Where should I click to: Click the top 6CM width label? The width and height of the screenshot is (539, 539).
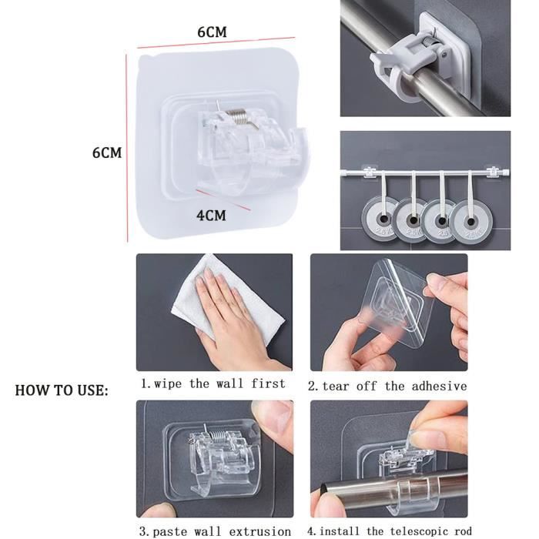tap(211, 32)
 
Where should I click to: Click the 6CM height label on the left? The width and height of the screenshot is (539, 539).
tap(107, 152)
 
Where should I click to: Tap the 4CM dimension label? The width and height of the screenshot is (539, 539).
tap(211, 216)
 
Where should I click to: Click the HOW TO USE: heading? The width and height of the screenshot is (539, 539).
tap(62, 390)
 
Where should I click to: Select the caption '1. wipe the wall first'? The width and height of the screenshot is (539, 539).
tap(213, 383)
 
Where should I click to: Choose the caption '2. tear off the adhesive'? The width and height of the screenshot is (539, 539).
tap(387, 386)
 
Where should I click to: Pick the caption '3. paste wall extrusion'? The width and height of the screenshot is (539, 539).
tap(215, 531)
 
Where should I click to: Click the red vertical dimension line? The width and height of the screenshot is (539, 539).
tap(127, 146)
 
